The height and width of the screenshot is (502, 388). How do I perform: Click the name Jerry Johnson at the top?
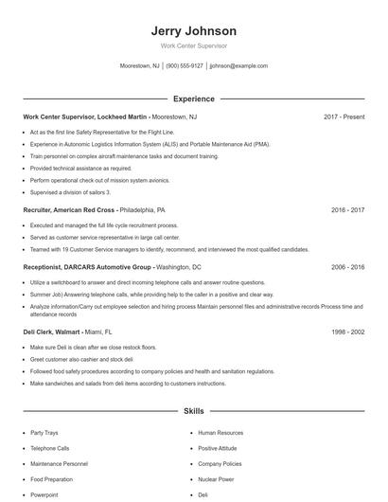(x=193, y=31)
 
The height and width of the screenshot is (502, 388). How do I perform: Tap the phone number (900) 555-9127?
(x=185, y=66)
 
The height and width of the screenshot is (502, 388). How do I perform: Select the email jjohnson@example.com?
(x=238, y=66)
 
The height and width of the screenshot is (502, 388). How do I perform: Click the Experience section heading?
(x=193, y=99)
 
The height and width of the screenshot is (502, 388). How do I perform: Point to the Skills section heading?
(x=193, y=412)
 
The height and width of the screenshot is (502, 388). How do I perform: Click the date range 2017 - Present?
(x=344, y=117)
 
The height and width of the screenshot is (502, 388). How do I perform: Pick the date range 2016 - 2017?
(x=347, y=209)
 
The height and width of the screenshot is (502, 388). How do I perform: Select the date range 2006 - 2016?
(x=347, y=267)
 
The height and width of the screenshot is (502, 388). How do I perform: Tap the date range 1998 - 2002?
(x=347, y=332)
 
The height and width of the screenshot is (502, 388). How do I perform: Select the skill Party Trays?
(x=44, y=433)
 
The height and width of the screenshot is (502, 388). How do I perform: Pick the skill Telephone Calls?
(x=49, y=448)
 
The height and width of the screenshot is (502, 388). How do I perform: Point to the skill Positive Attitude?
(x=217, y=448)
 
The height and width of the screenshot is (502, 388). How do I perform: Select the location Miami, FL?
(x=96, y=332)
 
